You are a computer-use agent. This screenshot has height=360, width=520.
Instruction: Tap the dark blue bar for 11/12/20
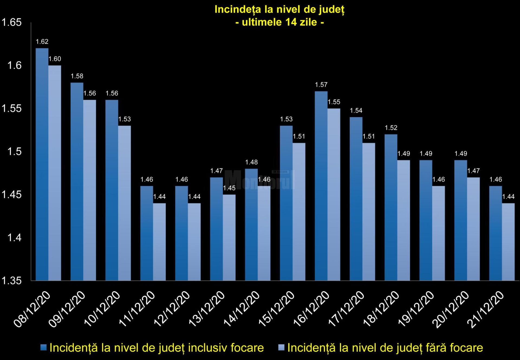[x=147, y=233]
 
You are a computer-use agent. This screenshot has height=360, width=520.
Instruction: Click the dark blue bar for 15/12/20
[x=286, y=203]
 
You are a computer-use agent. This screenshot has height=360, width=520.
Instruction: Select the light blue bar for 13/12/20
[x=229, y=237]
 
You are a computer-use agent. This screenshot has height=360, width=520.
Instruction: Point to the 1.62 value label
[x=42, y=41]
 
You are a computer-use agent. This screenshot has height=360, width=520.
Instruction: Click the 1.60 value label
[x=55, y=59]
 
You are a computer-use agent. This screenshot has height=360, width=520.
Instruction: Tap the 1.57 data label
[x=321, y=85]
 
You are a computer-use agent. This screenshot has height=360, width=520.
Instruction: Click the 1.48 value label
[x=251, y=162]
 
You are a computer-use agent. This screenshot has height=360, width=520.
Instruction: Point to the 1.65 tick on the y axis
[x=11, y=22]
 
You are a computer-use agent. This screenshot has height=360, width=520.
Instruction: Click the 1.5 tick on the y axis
[x=14, y=151]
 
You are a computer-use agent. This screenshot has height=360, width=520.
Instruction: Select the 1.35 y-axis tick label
[x=11, y=281]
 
